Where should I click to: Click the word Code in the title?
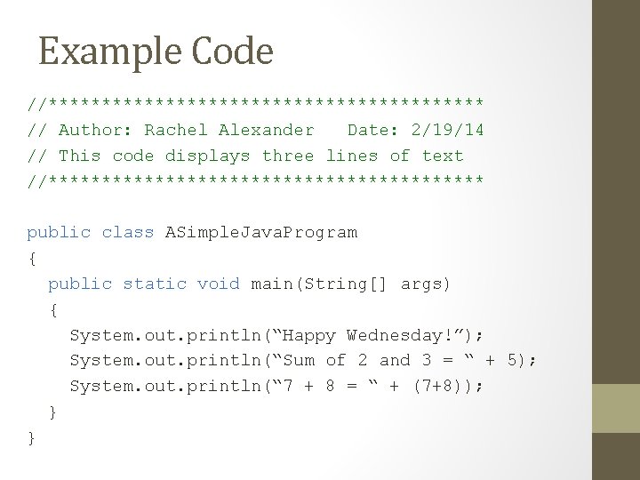pos(230,52)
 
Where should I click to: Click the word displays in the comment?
pos(210,156)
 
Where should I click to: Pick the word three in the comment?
pos(288,156)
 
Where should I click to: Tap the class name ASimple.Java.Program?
pos(261,234)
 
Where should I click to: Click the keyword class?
pos(128,233)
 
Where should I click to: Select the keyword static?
pos(155,284)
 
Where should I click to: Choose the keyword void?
pos(219,284)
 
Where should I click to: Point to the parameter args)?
pos(427,284)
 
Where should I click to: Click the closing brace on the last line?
pos(32,438)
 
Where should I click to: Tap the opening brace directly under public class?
pos(32,260)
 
